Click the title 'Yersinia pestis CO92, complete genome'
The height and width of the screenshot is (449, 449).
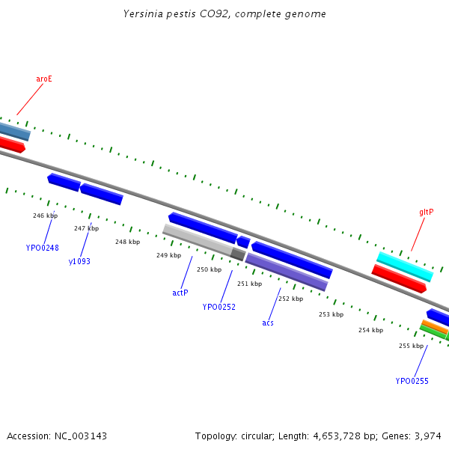click(224, 14)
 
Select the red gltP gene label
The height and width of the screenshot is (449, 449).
click(426, 213)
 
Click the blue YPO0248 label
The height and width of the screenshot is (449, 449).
click(42, 248)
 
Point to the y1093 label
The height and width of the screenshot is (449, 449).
click(79, 261)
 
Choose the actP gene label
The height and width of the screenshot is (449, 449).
click(180, 293)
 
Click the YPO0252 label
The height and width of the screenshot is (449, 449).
click(219, 307)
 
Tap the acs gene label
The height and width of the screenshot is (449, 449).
click(268, 323)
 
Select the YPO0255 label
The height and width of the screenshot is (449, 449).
click(412, 381)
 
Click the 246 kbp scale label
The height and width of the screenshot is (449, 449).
click(45, 216)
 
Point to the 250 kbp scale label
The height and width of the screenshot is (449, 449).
click(209, 269)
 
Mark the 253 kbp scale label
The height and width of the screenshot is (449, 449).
click(331, 314)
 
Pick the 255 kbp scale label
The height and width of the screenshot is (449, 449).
click(411, 346)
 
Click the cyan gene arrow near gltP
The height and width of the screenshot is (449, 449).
click(405, 266)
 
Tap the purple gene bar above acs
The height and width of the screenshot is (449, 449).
click(287, 272)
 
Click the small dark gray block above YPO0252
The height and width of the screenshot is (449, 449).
click(238, 254)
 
